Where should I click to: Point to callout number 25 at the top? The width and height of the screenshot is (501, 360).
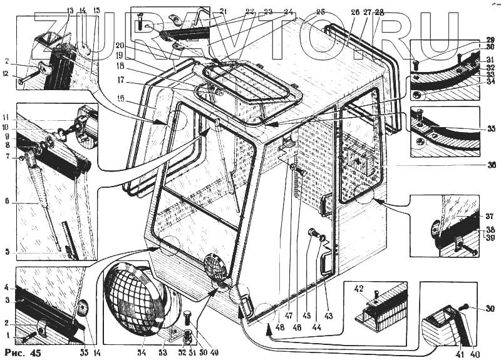[321, 11]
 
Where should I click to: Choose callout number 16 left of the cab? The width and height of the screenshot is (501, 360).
[120, 98]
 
